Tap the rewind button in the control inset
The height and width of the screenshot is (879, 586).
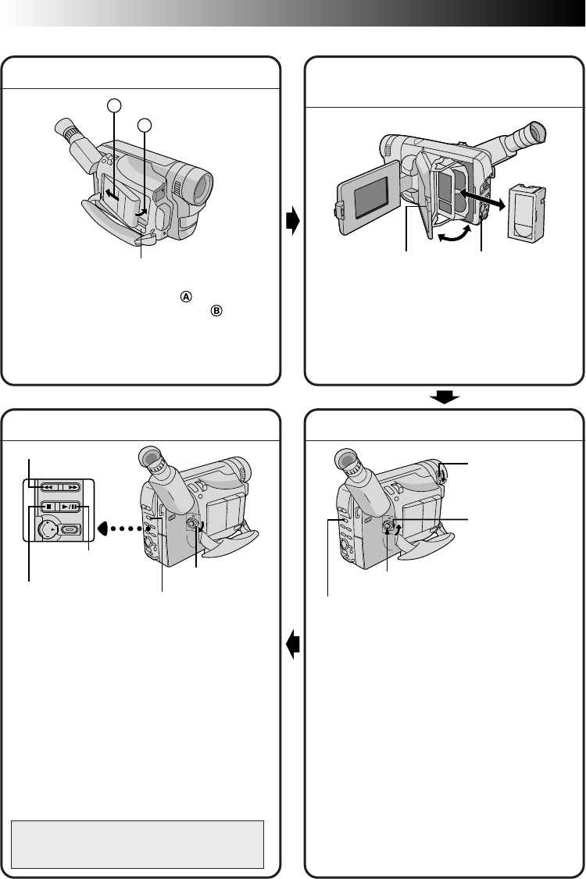click(x=45, y=485)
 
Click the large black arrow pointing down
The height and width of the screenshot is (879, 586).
click(x=444, y=397)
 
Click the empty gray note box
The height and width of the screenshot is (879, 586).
click(x=138, y=843)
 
